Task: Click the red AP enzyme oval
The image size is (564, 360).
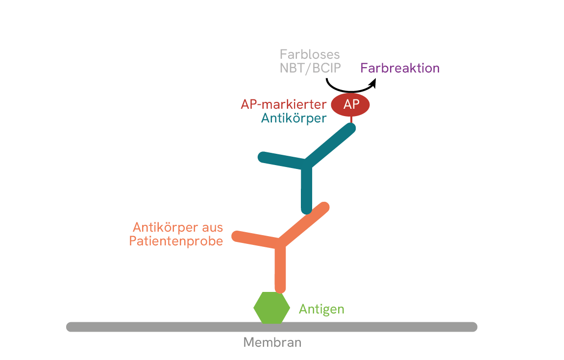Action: (350, 104)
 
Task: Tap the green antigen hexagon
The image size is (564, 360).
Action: (271, 308)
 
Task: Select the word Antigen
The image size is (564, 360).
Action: (321, 309)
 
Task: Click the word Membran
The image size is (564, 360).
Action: (272, 342)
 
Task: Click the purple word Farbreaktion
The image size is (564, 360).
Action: (399, 68)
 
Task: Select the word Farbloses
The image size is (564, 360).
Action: (310, 54)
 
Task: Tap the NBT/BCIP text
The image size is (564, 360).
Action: (310, 68)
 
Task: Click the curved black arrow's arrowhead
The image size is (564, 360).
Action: (372, 84)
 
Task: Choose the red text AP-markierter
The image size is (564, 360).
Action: (283, 104)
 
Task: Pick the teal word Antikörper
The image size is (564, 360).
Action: (294, 118)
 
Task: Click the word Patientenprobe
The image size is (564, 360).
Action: (176, 241)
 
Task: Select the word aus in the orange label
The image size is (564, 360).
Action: (212, 227)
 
